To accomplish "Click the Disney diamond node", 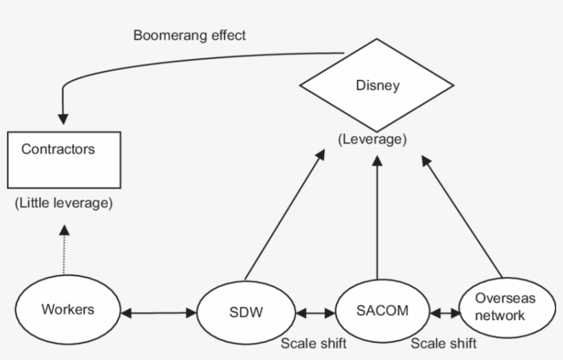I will pyautogui.click(x=377, y=86).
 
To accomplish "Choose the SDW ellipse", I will pyautogui.click(x=245, y=313).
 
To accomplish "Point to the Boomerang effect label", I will pyautogui.click(x=189, y=36).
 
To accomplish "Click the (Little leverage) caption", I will pyautogui.click(x=63, y=203).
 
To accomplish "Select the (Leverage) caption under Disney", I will pyautogui.click(x=371, y=139).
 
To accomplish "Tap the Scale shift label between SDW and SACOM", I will pyautogui.click(x=313, y=343).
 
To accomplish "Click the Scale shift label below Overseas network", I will pyautogui.click(x=444, y=343).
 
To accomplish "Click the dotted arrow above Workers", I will pyautogui.click(x=63, y=251).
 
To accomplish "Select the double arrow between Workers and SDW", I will pyautogui.click(x=158, y=314).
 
